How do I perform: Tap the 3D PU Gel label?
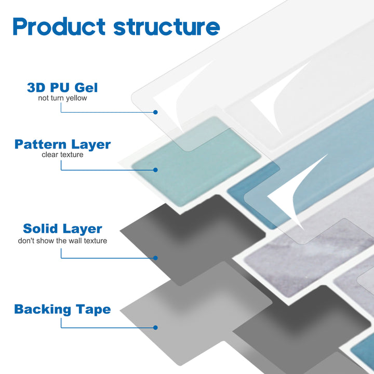[x=62, y=87]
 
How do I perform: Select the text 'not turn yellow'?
[x=62, y=98]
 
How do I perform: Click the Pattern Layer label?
[x=62, y=144]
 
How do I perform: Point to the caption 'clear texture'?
[x=62, y=154]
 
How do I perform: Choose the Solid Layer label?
[x=62, y=229]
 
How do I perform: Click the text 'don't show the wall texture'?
[x=62, y=241]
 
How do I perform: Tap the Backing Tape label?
[x=62, y=310]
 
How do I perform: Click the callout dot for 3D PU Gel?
[x=155, y=112]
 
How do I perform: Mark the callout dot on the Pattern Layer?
[x=155, y=169]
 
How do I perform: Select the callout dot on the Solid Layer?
[x=155, y=257]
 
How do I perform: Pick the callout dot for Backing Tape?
[x=155, y=327]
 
